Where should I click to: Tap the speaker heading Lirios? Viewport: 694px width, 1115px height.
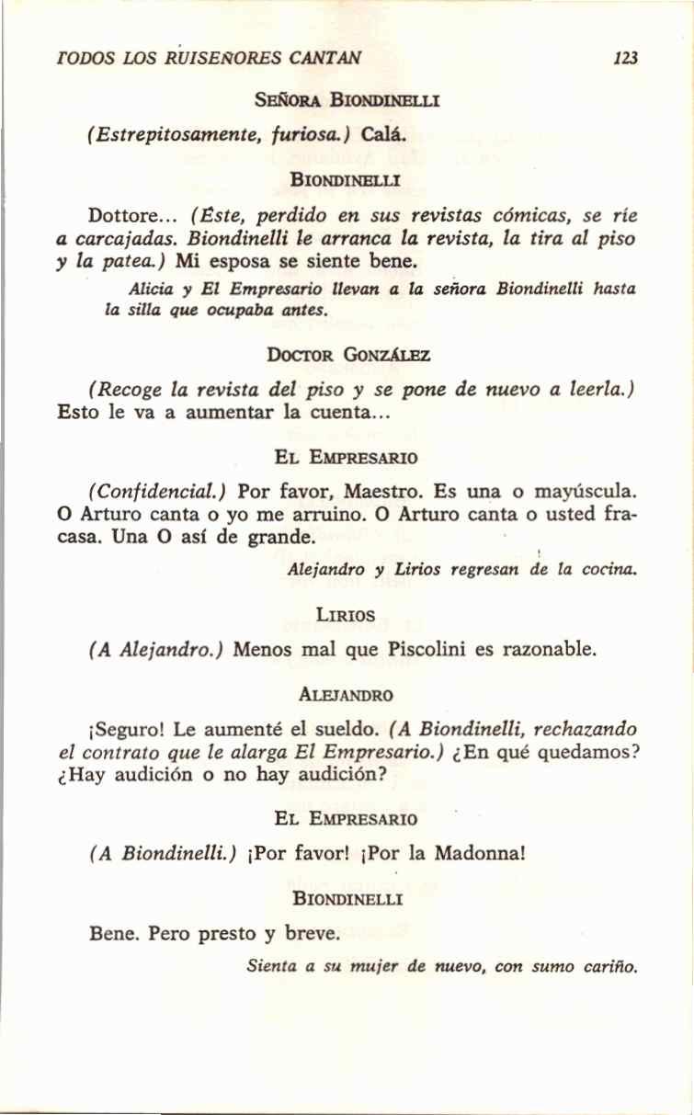tap(345, 615)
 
